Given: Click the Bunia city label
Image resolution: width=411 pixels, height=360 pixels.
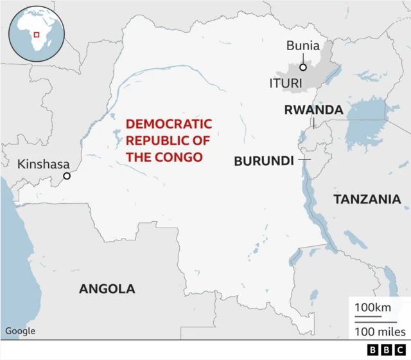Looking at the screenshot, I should [302, 46].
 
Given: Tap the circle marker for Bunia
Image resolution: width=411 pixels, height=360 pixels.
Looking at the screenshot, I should [302, 66].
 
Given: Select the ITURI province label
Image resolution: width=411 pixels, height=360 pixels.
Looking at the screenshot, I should [284, 84].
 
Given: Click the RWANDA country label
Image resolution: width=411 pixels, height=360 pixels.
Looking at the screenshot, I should [313, 110].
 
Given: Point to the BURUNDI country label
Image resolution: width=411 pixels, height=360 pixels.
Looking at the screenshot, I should [263, 161].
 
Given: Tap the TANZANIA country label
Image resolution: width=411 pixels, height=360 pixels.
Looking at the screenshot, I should [367, 199].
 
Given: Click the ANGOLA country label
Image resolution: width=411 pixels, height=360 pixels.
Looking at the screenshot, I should [107, 289].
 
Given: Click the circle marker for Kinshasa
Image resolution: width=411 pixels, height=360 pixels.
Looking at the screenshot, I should [66, 176].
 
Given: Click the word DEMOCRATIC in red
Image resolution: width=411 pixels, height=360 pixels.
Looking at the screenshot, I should [168, 124].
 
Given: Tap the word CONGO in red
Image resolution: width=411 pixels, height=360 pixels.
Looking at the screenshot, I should [182, 156].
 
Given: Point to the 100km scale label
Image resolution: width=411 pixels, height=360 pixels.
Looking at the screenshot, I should [372, 308].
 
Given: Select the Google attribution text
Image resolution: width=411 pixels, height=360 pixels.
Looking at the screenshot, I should [21, 331].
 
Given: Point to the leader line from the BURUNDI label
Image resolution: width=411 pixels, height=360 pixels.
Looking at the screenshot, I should [304, 159].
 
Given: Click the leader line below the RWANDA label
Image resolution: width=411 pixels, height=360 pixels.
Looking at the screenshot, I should [313, 123].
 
